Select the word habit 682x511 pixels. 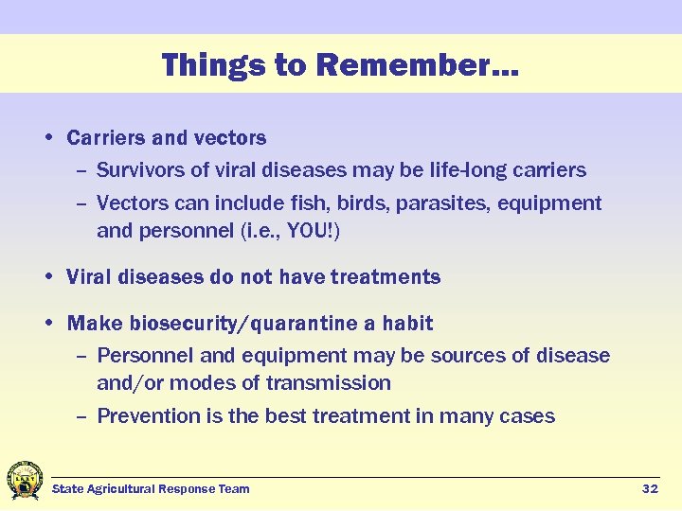(x=407, y=324)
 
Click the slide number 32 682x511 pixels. (x=650, y=488)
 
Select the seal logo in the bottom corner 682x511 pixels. (x=24, y=481)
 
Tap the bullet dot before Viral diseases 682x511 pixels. (x=47, y=278)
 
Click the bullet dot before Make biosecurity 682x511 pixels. (x=47, y=324)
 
